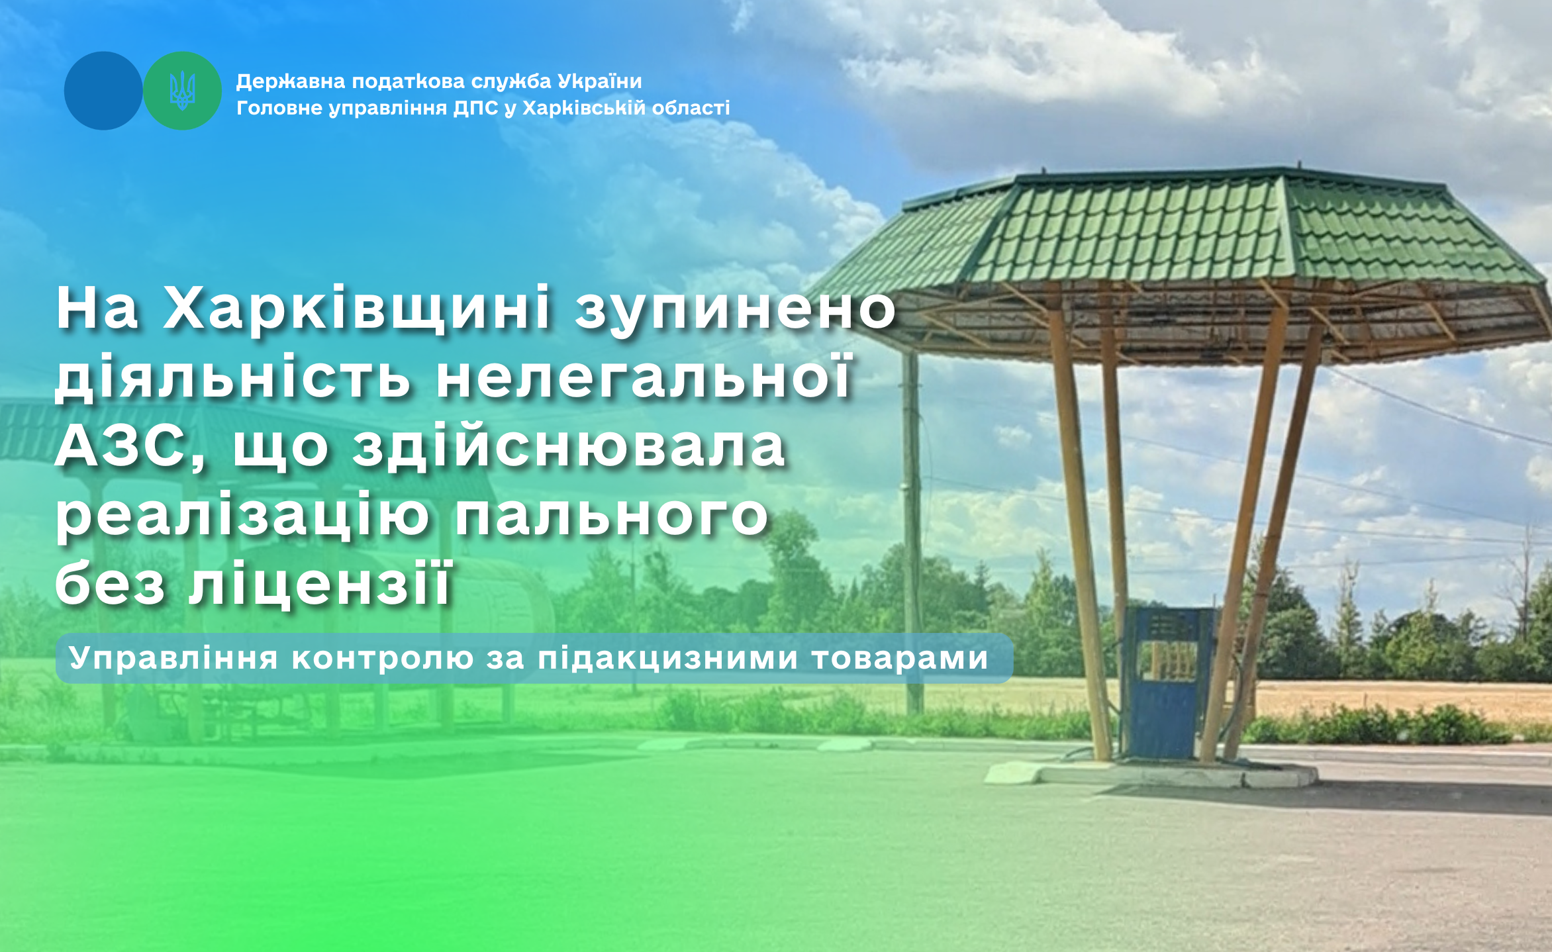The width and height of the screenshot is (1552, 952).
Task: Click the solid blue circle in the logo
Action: (103, 91)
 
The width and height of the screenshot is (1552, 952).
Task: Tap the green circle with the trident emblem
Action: (183, 91)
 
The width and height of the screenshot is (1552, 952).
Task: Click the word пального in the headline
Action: (612, 517)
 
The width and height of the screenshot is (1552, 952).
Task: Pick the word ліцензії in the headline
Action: (320, 583)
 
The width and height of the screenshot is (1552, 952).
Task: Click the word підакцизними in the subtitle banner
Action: (667, 659)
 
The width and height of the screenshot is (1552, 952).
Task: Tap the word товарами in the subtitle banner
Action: (899, 658)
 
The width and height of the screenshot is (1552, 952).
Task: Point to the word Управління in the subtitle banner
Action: (173, 659)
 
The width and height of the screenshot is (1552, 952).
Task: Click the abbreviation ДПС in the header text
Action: (475, 109)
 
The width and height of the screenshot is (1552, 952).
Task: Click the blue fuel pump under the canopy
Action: (1169, 682)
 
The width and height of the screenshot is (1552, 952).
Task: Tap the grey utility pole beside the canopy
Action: (913, 530)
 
